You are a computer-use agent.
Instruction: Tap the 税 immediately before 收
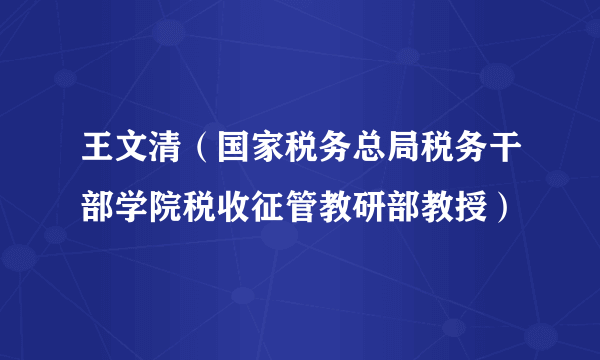click(x=190, y=207)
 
